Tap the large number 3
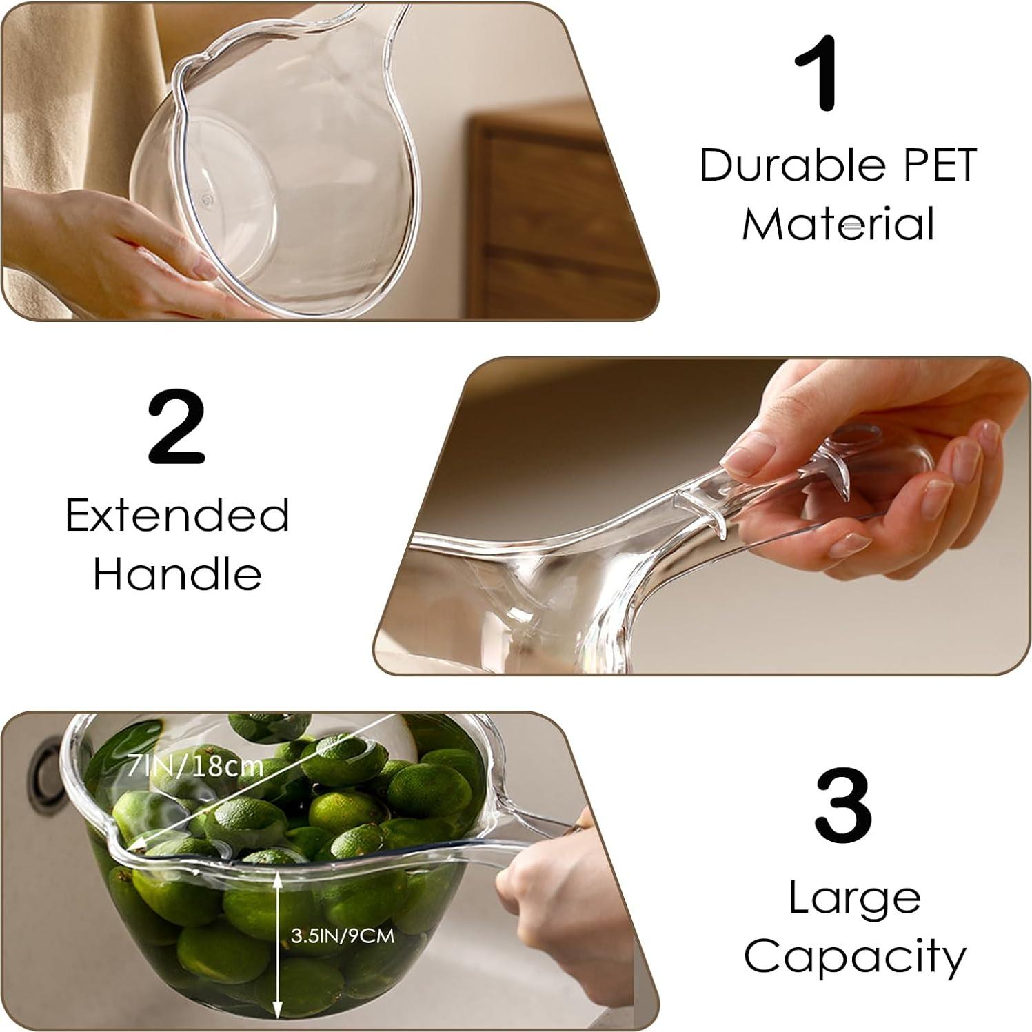(842, 805)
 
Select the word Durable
(781, 165)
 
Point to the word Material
(838, 225)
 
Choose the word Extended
(177, 516)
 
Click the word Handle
(177, 574)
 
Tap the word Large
(854, 898)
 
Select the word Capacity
(854, 957)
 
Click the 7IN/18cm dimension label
(195, 766)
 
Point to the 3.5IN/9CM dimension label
(342, 935)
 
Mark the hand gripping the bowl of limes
(558, 896)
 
